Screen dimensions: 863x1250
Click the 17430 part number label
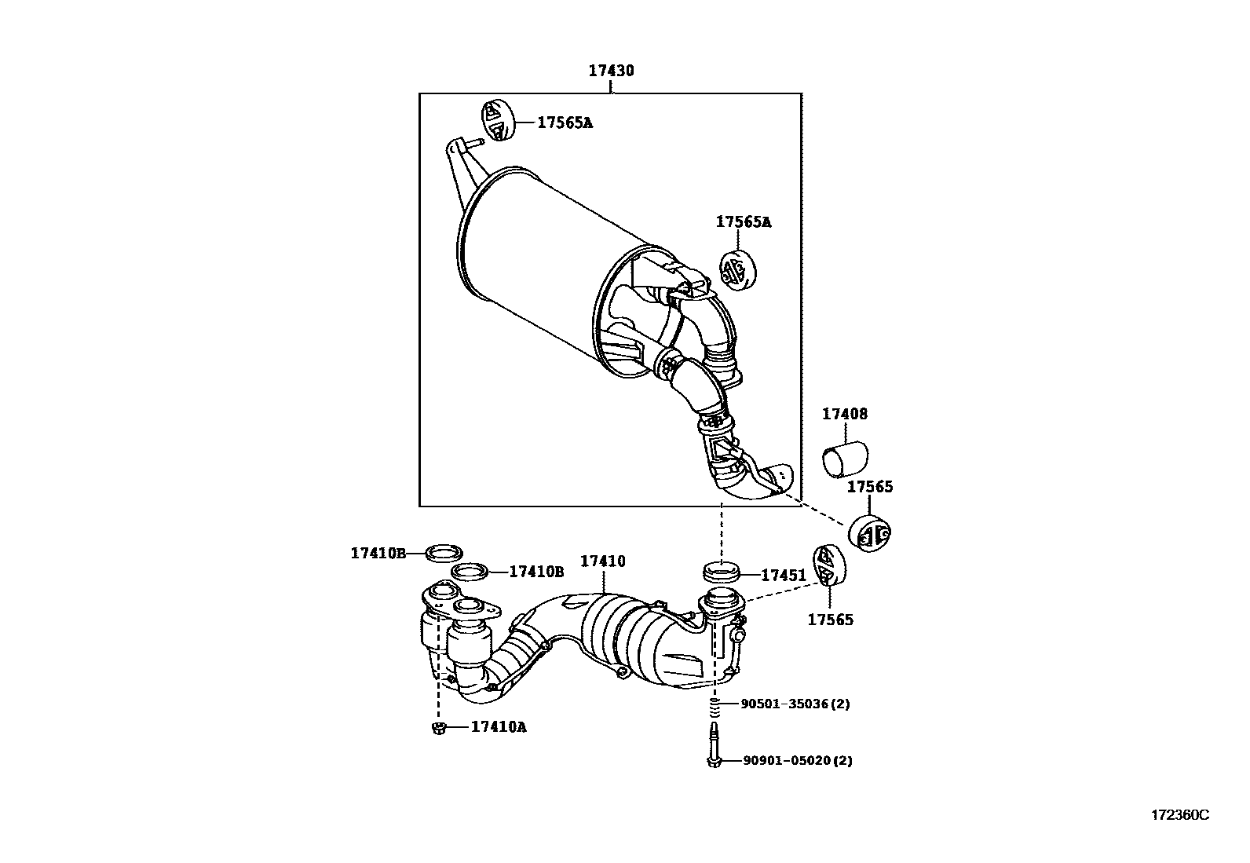point(611,71)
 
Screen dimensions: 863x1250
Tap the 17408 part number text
point(845,414)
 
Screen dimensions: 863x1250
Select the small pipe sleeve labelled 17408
point(845,459)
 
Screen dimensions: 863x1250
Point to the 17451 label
point(783,576)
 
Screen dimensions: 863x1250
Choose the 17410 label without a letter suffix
point(602,561)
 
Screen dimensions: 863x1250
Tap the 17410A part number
point(499,727)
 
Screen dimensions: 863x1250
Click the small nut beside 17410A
point(439,728)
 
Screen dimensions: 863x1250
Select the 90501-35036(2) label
point(795,704)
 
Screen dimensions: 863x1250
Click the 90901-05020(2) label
point(797,760)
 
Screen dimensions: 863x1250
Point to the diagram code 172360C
point(1179,815)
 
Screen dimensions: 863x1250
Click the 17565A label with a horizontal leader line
point(565,123)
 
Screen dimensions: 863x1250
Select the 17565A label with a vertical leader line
point(743,222)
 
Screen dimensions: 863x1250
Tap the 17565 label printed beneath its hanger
point(830,620)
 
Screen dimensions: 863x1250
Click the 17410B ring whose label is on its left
point(444,553)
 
